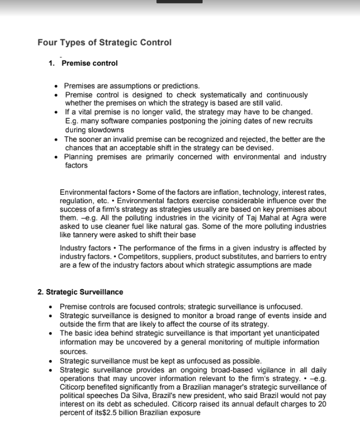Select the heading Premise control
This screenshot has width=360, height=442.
tap(89, 64)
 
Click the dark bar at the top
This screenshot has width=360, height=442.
tap(179, 2)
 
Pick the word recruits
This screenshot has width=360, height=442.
tap(300, 121)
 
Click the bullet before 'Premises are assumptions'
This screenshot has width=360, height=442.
tap(56, 86)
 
